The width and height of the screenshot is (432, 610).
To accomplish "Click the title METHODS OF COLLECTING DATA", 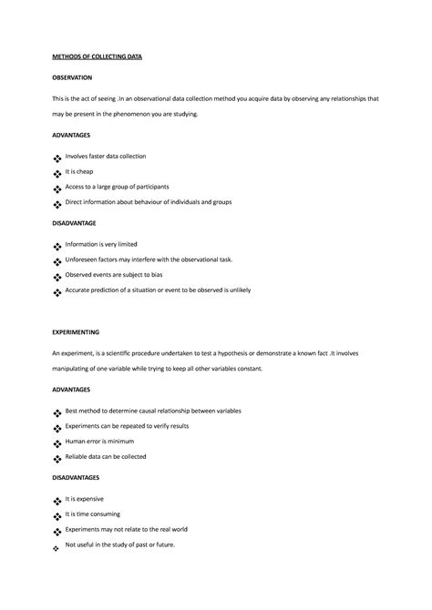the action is pos(97,56).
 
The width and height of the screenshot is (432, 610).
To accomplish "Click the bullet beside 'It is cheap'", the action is pos(57,174).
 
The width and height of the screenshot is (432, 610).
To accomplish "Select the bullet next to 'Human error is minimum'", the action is pos(57,443).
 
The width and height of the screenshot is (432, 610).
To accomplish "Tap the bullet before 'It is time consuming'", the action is pos(57,516).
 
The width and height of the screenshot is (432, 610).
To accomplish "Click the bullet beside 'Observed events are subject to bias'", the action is pos(57,277).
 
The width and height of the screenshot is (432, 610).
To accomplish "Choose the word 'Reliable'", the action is pos(77,456).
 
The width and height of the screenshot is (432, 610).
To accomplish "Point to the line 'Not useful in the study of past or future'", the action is pos(119,544).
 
